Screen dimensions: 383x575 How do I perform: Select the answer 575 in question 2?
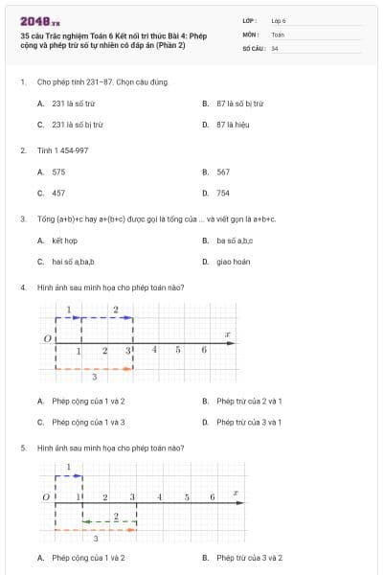[58, 172]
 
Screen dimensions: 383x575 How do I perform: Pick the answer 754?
[223, 193]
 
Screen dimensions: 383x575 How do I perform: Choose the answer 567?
[223, 172]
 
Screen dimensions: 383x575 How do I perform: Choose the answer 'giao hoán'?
[234, 262]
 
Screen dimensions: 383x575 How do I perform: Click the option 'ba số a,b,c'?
[236, 241]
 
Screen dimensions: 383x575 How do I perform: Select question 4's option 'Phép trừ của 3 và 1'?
[248, 422]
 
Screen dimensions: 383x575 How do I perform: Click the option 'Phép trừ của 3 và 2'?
[249, 558]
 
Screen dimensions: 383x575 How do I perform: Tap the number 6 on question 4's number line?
[204, 350]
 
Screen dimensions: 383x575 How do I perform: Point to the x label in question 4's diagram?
[227, 334]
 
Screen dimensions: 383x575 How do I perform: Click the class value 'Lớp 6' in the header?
[279, 19]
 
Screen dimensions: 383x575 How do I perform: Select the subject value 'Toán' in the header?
[278, 34]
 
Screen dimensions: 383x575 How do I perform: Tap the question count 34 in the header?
[275, 48]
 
